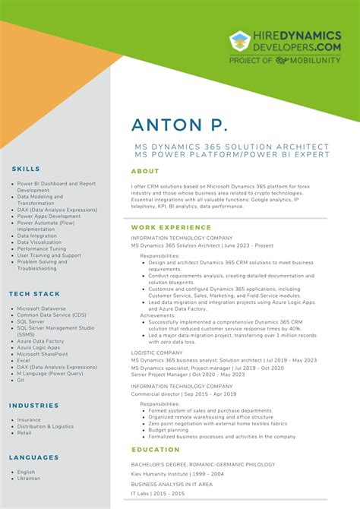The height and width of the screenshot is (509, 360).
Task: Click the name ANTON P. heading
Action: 179,126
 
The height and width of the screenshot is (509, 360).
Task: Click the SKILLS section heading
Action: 27,169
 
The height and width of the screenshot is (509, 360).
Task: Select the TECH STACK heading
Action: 35,293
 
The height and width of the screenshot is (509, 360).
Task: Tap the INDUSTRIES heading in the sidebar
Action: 34,406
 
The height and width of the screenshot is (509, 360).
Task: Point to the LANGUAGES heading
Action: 34,457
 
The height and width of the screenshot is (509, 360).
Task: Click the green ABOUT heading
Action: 145,172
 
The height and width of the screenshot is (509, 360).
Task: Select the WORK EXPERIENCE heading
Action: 171,227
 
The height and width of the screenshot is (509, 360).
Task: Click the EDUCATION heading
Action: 156,450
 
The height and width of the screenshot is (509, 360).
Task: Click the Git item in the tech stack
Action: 21,381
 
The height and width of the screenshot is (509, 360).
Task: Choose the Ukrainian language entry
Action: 30,479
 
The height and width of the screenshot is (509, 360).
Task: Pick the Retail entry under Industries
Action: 24,433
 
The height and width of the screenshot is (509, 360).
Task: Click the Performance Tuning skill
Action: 42,249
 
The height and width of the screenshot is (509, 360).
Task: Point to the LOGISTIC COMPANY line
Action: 156,353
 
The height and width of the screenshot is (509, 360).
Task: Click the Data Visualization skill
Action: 39,242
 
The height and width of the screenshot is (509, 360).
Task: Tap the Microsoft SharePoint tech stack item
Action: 43,353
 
